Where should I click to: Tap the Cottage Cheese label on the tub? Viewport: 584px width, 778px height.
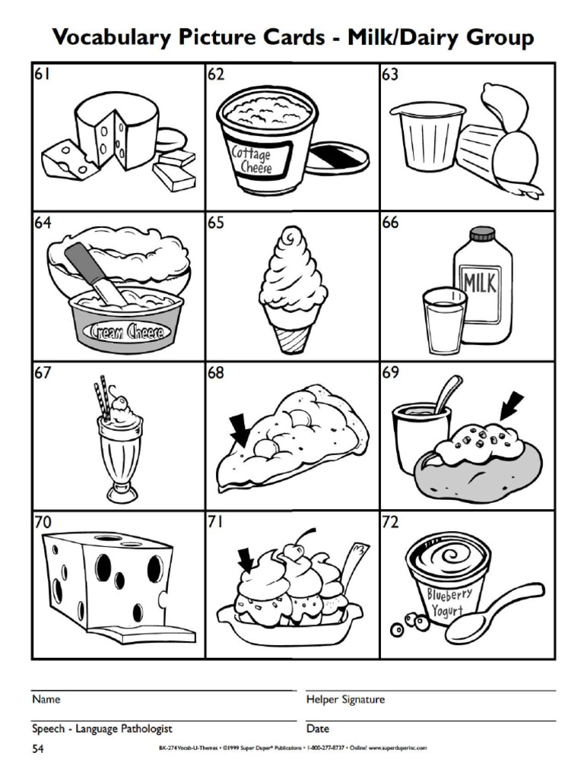pyautogui.click(x=251, y=160)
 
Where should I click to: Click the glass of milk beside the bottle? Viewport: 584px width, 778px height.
pyautogui.click(x=443, y=322)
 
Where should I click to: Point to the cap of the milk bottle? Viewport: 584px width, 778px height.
pyautogui.click(x=481, y=233)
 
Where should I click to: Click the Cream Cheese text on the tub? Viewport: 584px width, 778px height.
pyautogui.click(x=125, y=331)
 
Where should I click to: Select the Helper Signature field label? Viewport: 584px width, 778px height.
pyautogui.click(x=345, y=699)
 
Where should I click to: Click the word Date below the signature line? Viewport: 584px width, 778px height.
pyautogui.click(x=317, y=729)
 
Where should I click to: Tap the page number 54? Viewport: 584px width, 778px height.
pyautogui.click(x=38, y=750)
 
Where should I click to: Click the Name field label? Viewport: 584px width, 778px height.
pyautogui.click(x=46, y=699)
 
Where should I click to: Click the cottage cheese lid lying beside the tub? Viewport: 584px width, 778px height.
pyautogui.click(x=337, y=157)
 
